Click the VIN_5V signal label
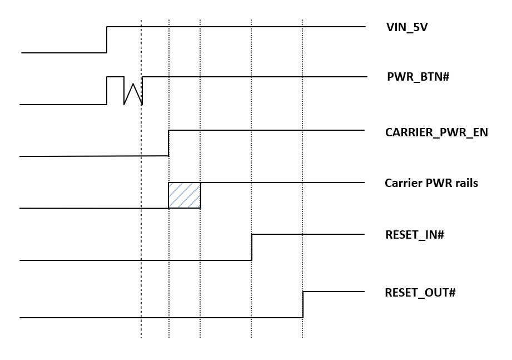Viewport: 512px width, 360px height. click(x=406, y=27)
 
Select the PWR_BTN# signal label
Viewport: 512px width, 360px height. click(x=417, y=77)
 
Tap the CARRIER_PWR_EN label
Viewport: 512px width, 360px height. click(x=436, y=132)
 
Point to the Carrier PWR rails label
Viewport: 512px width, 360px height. click(x=431, y=183)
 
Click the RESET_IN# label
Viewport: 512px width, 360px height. click(x=414, y=235)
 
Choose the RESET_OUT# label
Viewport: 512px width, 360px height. click(x=420, y=292)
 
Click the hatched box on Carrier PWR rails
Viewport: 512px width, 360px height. click(x=184, y=195)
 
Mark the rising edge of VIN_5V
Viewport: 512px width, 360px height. click(x=107, y=40)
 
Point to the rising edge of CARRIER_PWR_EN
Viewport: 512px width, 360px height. click(x=168, y=143)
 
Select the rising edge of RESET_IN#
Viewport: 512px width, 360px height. click(x=252, y=247)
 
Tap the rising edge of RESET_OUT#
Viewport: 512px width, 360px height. click(x=303, y=304)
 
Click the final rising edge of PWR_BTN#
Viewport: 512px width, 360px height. click(x=142, y=90)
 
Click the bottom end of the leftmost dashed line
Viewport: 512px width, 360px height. click(x=141, y=337)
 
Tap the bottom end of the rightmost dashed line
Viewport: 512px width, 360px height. click(x=302, y=337)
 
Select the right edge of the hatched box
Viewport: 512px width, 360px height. click(x=200, y=195)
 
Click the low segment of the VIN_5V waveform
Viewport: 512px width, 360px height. click(x=64, y=53)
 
